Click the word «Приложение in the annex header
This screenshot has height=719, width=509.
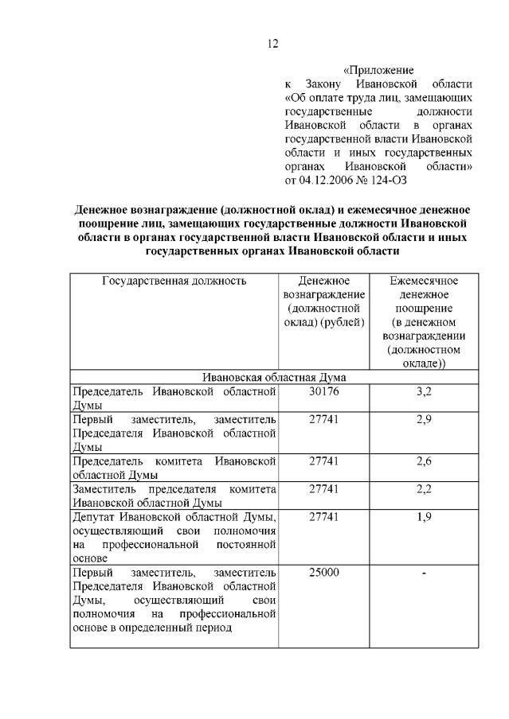(x=378, y=70)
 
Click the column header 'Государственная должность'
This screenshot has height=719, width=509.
(x=174, y=281)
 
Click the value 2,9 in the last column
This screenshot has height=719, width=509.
(x=424, y=420)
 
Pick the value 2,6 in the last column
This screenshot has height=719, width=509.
(x=424, y=461)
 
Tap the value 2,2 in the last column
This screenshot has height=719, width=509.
(x=424, y=489)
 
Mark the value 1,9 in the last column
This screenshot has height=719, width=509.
(x=424, y=517)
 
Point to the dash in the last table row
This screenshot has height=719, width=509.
(x=424, y=573)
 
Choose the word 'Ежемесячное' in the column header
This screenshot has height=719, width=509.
(x=424, y=281)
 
